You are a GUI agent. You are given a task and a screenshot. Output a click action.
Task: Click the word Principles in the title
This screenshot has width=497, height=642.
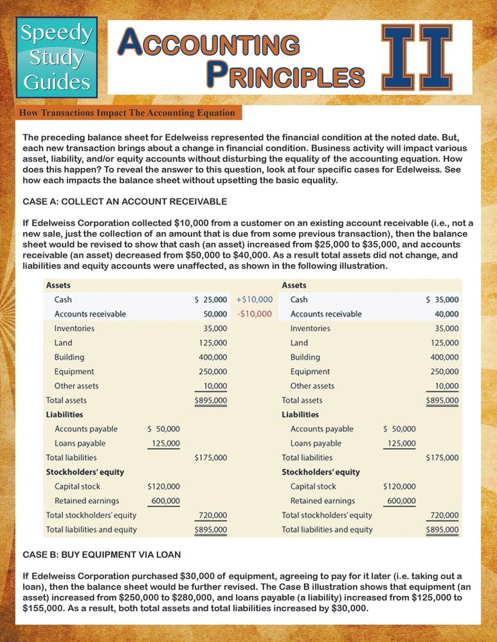[x=285, y=75]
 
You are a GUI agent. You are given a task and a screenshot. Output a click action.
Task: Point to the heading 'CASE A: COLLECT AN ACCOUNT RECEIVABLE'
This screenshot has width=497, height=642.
[x=125, y=202]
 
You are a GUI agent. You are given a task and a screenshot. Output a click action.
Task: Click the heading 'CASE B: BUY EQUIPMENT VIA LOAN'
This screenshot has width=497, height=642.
[x=102, y=553]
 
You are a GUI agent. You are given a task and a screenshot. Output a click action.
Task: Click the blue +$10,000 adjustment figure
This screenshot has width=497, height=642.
[x=255, y=299]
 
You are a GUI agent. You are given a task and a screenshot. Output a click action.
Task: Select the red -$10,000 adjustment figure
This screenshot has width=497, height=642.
[x=255, y=314]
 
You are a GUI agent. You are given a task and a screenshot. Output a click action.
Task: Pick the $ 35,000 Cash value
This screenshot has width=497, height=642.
[x=443, y=299]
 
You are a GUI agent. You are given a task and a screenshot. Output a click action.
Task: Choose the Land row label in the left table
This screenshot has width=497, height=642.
[x=64, y=343]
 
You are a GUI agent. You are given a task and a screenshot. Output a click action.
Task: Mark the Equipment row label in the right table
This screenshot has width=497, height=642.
[x=310, y=372]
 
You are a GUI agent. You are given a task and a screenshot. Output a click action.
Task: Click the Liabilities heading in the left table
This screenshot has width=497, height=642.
[x=64, y=415]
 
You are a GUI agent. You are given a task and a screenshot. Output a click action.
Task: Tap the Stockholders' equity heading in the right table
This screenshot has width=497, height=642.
[x=321, y=472]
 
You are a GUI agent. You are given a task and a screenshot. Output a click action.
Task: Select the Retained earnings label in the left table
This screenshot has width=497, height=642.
[x=87, y=501]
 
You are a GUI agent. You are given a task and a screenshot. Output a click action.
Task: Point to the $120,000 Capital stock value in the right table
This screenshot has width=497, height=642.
[x=399, y=487]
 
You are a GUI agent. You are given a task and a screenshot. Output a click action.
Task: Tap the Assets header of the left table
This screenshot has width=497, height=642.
[x=58, y=285]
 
